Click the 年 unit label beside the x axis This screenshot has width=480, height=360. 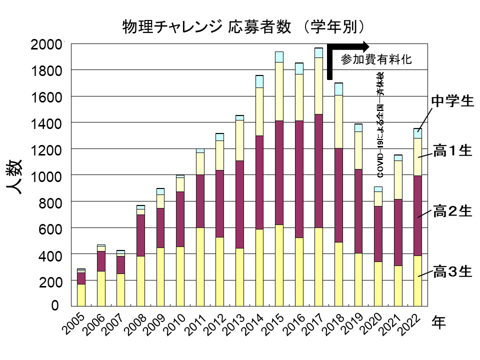tap(438, 323)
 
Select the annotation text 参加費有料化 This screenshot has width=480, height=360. tap(376, 59)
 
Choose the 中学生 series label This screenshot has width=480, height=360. tap(452, 101)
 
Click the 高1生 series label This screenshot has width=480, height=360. tap(452, 151)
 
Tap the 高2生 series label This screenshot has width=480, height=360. tap(452, 211)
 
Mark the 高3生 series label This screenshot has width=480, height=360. tap(452, 272)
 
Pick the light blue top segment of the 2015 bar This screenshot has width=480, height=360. tap(279, 56)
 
